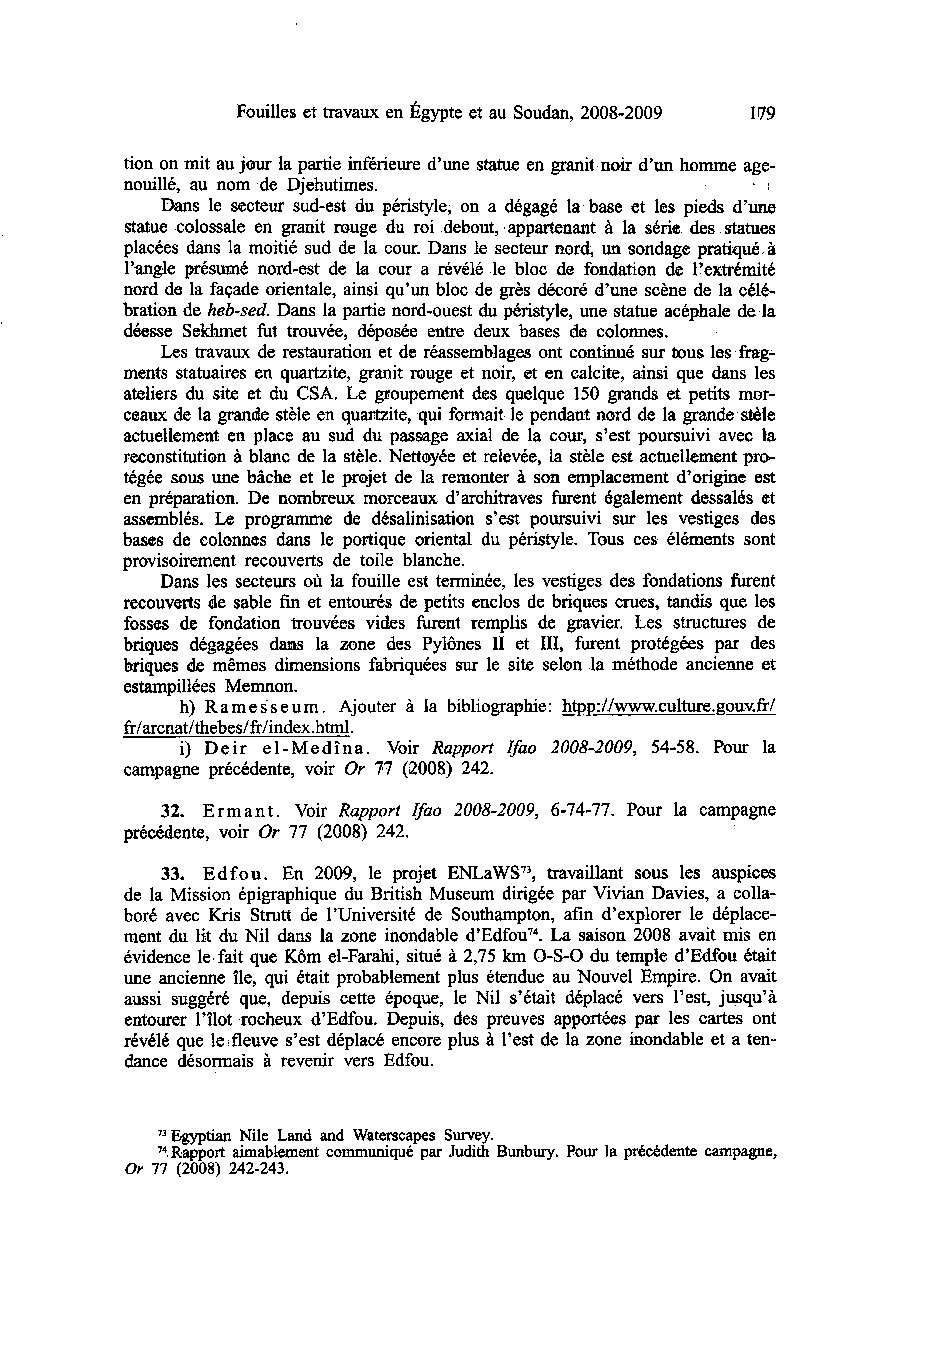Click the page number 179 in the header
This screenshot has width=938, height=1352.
763,113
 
